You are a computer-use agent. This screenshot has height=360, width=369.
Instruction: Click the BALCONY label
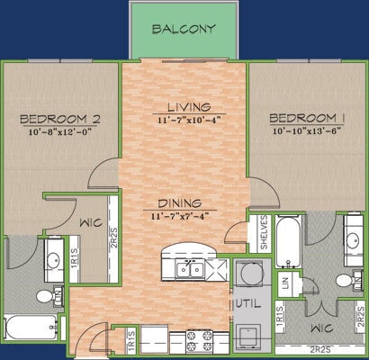pyautogui.click(x=184, y=28)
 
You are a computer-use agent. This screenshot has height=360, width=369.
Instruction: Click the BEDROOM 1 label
pyautogui.click(x=306, y=119)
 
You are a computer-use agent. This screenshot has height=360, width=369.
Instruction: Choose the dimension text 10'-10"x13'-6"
pyautogui.click(x=306, y=132)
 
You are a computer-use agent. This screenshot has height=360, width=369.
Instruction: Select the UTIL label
pyautogui.click(x=248, y=304)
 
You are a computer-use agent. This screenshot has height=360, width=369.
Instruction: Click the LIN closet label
pyautogui.click(x=285, y=285)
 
